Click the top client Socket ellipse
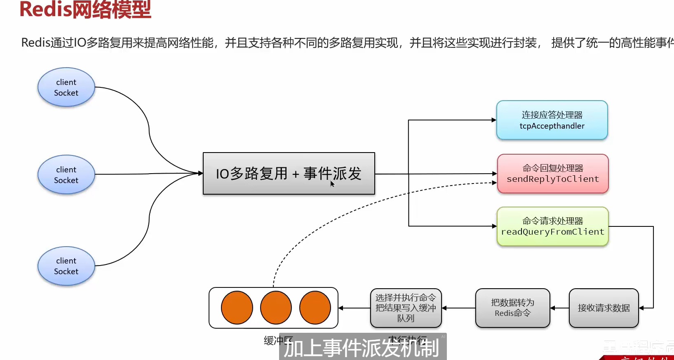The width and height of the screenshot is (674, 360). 66,87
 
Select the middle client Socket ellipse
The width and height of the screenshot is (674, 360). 66,175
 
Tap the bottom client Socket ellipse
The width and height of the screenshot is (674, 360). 66,266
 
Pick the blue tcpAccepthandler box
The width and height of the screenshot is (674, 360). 552,120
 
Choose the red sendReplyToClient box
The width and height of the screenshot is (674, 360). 552,174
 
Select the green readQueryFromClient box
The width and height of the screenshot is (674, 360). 552,226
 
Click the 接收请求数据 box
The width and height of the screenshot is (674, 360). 604,308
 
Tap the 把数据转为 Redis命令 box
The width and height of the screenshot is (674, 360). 512,308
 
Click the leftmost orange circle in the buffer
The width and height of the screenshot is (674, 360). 237,308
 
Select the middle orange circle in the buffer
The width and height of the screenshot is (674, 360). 276,308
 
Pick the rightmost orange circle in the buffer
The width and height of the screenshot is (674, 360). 315,308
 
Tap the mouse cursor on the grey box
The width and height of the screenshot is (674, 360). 332,184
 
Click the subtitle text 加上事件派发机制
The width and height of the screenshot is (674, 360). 362,348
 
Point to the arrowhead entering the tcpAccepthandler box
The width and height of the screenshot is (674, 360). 494,120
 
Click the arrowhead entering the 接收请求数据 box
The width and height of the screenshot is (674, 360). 641,308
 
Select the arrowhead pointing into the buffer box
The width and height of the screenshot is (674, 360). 341,308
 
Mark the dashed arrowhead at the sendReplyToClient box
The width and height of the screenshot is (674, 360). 494,183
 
